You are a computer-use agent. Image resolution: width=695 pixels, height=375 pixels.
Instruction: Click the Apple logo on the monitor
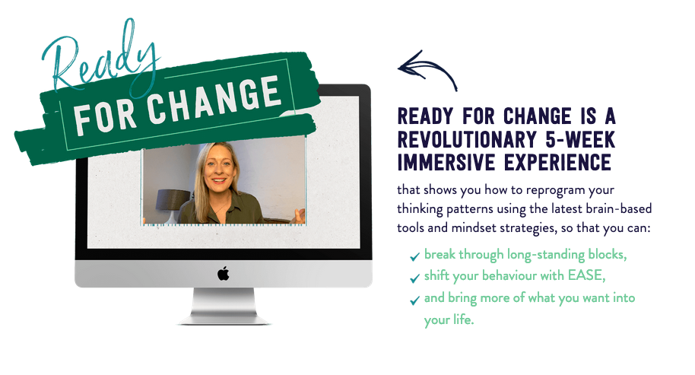(224, 274)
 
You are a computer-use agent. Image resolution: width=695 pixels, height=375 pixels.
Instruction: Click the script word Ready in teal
(100, 58)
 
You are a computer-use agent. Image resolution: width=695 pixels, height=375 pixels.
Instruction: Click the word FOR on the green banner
(105, 117)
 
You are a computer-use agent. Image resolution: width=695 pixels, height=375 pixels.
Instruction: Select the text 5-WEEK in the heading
(580, 140)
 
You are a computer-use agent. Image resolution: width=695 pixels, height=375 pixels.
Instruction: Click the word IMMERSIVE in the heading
(447, 162)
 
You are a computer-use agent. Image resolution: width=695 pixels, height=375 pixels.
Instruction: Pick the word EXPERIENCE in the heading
(557, 162)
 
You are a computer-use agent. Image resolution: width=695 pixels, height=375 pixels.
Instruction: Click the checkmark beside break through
(415, 256)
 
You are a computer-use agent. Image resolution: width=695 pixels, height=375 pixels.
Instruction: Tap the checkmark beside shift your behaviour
(415, 278)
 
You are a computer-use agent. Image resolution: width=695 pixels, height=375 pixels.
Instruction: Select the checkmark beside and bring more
(415, 300)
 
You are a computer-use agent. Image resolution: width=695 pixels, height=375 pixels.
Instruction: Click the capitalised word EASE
(586, 275)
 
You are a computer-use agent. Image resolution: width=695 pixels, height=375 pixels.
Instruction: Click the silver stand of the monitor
(224, 306)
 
